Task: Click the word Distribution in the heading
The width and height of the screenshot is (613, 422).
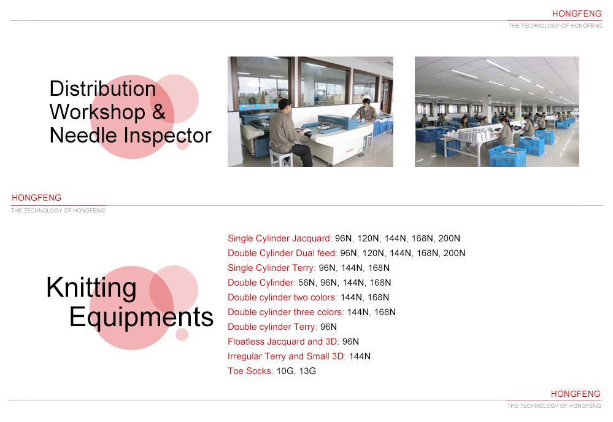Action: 102,88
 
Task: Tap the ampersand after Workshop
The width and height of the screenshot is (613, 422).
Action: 158,112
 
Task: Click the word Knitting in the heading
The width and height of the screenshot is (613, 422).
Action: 91,288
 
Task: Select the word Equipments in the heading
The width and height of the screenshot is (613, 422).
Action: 142,318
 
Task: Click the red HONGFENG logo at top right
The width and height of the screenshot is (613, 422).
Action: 577,14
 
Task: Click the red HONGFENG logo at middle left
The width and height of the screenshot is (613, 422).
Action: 36,198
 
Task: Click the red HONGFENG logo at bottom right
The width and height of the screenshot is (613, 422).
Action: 576,394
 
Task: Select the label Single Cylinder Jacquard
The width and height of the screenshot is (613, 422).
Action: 280,238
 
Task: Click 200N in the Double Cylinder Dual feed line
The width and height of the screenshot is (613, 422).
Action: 454,253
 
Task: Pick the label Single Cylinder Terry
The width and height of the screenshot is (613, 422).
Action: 272,268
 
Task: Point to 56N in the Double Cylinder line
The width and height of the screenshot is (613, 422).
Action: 307,283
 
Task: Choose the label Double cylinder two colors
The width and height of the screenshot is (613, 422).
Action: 282,297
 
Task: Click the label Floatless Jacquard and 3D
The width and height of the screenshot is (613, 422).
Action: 283,342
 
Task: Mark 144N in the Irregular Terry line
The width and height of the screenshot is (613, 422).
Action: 360,356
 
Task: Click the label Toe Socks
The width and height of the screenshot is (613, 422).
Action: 250,371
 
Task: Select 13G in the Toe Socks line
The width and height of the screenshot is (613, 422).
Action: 307,371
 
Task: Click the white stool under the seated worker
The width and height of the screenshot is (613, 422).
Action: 280,157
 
